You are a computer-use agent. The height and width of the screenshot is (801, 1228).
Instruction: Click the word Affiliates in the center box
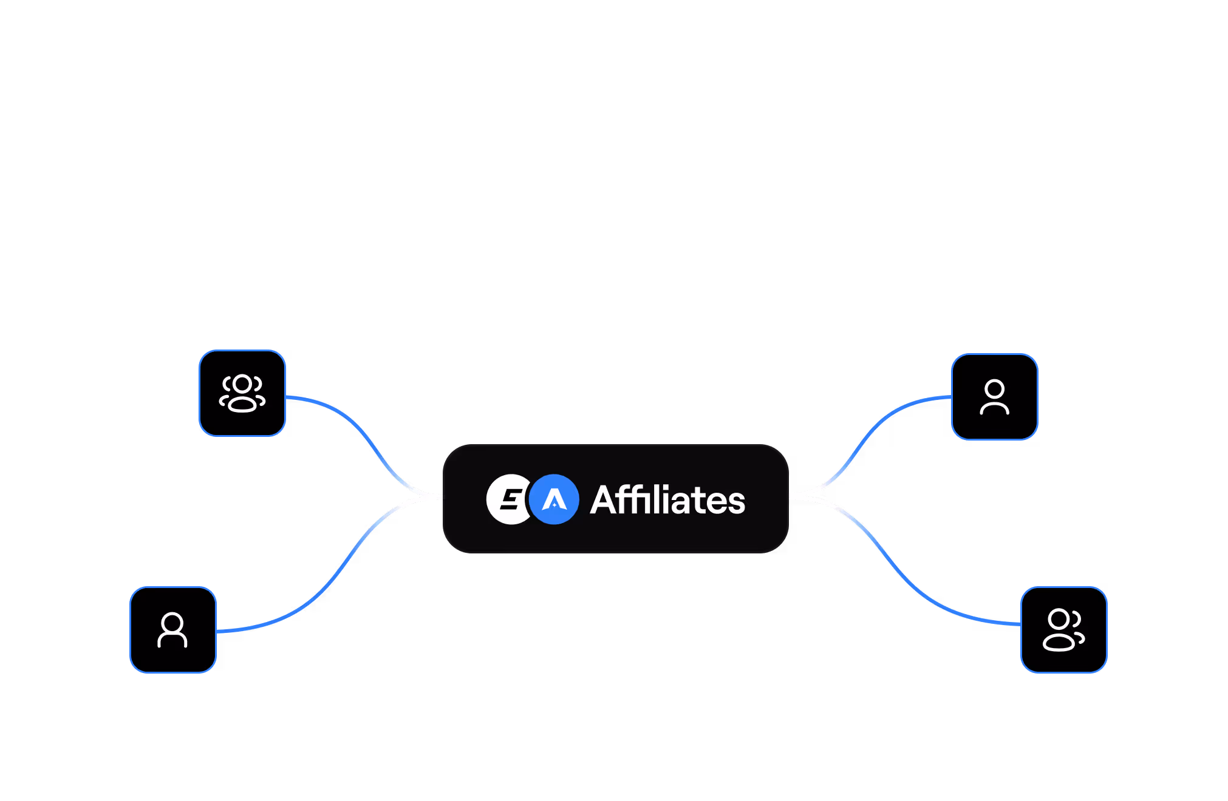click(667, 500)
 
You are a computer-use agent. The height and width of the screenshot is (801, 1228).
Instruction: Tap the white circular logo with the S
click(508, 499)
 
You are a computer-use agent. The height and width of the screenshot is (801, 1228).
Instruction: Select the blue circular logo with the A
click(554, 499)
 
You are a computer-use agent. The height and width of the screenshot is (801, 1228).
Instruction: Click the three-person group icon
click(242, 393)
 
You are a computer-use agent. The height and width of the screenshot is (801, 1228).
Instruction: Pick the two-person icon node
click(1063, 630)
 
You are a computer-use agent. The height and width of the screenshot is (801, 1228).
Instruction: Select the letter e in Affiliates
click(716, 503)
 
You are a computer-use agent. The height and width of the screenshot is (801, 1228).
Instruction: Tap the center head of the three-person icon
click(242, 384)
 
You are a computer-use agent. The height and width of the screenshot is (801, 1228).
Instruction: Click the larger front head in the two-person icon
click(1059, 620)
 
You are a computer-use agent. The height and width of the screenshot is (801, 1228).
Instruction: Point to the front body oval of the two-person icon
click(1059, 642)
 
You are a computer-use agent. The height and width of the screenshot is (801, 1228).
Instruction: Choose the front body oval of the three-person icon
click(242, 405)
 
